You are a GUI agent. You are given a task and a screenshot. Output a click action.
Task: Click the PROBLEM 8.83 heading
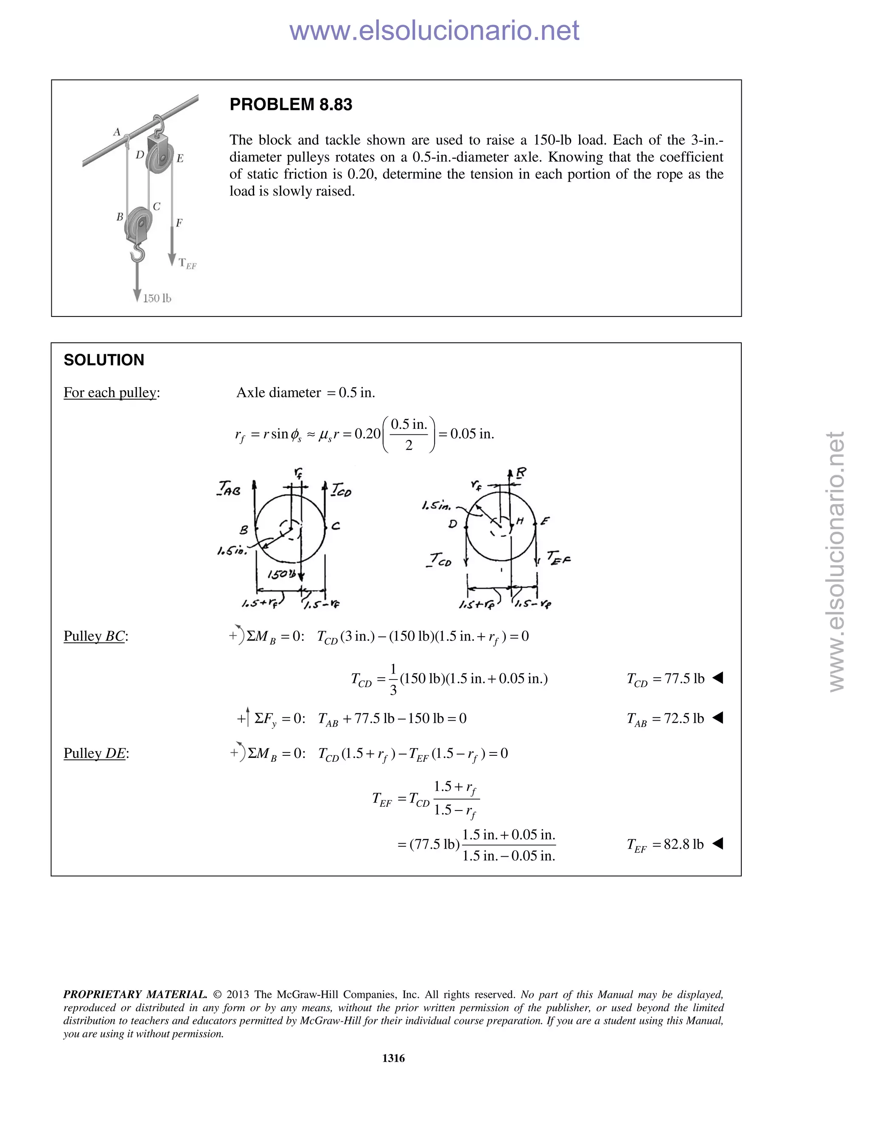(290, 104)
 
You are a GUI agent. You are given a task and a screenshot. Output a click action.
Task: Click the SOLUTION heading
(104, 360)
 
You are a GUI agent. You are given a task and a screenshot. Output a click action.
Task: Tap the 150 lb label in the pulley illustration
(157, 299)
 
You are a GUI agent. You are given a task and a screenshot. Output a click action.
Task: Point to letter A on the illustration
(117, 132)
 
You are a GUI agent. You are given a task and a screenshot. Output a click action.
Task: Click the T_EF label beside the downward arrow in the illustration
(188, 263)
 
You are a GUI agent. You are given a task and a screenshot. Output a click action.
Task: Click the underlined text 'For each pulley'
(111, 393)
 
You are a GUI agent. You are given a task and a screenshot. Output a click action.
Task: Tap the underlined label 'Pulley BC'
(95, 636)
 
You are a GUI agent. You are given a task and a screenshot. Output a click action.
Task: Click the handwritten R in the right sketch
(521, 473)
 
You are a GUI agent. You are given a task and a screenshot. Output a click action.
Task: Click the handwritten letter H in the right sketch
(520, 521)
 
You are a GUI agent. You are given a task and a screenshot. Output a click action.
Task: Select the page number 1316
(393, 1058)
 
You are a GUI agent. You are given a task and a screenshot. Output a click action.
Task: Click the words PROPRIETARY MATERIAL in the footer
(135, 994)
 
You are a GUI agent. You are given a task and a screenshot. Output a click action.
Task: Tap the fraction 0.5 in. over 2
(409, 434)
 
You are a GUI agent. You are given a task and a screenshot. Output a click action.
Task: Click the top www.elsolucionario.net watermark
(434, 31)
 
